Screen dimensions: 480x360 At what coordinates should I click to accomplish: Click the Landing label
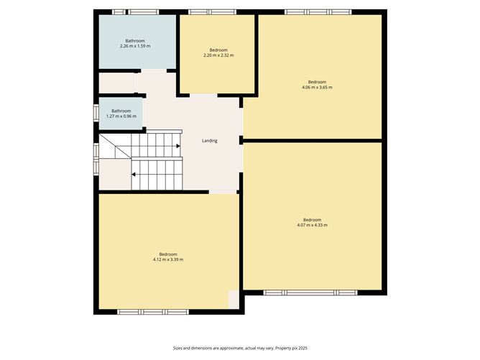point(210,141)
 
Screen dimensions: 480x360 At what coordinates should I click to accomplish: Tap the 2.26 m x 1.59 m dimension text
point(135,46)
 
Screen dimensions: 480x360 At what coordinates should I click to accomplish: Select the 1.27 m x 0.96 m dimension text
point(121,116)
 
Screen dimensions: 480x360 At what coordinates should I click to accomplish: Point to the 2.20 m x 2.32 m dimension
point(218,55)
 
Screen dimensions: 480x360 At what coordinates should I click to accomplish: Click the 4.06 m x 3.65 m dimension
point(317,87)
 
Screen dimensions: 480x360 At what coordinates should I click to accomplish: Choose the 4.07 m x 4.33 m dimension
point(313,225)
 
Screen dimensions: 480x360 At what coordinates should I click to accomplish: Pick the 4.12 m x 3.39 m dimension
point(168,259)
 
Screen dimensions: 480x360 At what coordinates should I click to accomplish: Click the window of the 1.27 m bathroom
point(96,114)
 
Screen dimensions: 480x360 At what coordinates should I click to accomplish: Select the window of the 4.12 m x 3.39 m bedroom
point(153,312)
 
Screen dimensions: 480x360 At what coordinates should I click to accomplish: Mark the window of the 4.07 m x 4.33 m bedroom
point(310,292)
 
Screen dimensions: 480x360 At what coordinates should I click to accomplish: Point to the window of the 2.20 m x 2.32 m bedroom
point(212,12)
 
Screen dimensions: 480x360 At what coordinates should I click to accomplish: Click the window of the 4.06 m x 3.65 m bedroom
point(318,12)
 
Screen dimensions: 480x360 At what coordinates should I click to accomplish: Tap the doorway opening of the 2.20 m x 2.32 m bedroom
point(203,96)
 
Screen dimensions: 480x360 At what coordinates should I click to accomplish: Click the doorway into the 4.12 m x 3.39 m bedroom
point(223,192)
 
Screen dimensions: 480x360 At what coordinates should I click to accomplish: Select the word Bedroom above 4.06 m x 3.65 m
point(317,82)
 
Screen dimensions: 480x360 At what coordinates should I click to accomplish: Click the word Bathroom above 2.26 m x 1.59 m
point(135,41)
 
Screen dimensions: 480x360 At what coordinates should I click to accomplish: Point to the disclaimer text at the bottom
point(240,348)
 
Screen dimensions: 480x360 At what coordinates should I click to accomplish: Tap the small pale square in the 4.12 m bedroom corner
point(234,300)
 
